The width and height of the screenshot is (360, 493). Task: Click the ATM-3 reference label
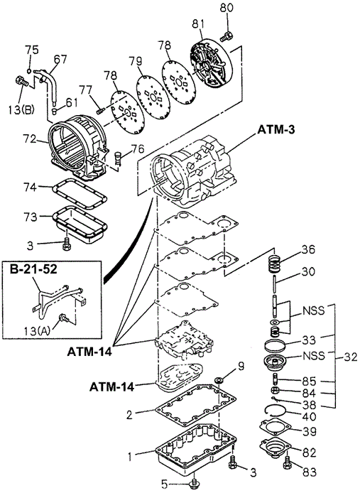click(x=276, y=130)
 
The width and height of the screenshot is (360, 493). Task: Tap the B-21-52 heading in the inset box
click(x=33, y=269)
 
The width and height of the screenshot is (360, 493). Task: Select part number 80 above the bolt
click(x=227, y=8)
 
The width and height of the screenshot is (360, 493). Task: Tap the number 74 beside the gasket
click(x=31, y=187)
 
